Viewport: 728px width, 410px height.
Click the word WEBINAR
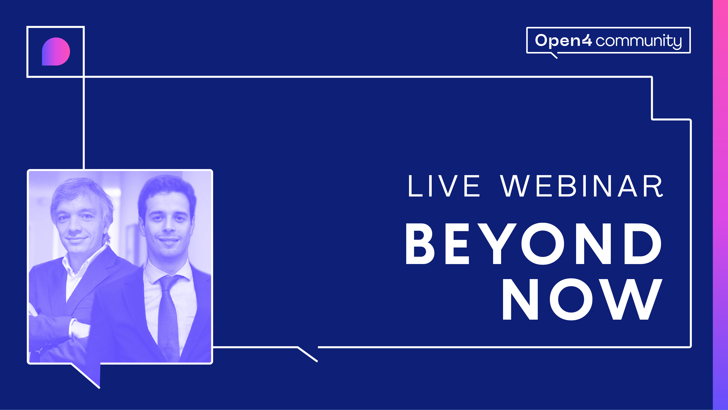[x=581, y=186]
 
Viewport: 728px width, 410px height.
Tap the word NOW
[x=582, y=299]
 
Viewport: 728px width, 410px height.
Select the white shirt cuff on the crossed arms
[x=79, y=328]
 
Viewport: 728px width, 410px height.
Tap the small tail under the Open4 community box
[x=554, y=55]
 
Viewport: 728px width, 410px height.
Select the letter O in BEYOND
[x=543, y=244]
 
